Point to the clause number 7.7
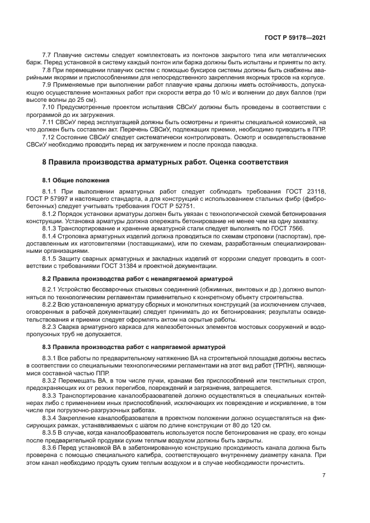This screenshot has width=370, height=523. pos(47,55)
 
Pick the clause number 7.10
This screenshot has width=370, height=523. pos(49,106)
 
